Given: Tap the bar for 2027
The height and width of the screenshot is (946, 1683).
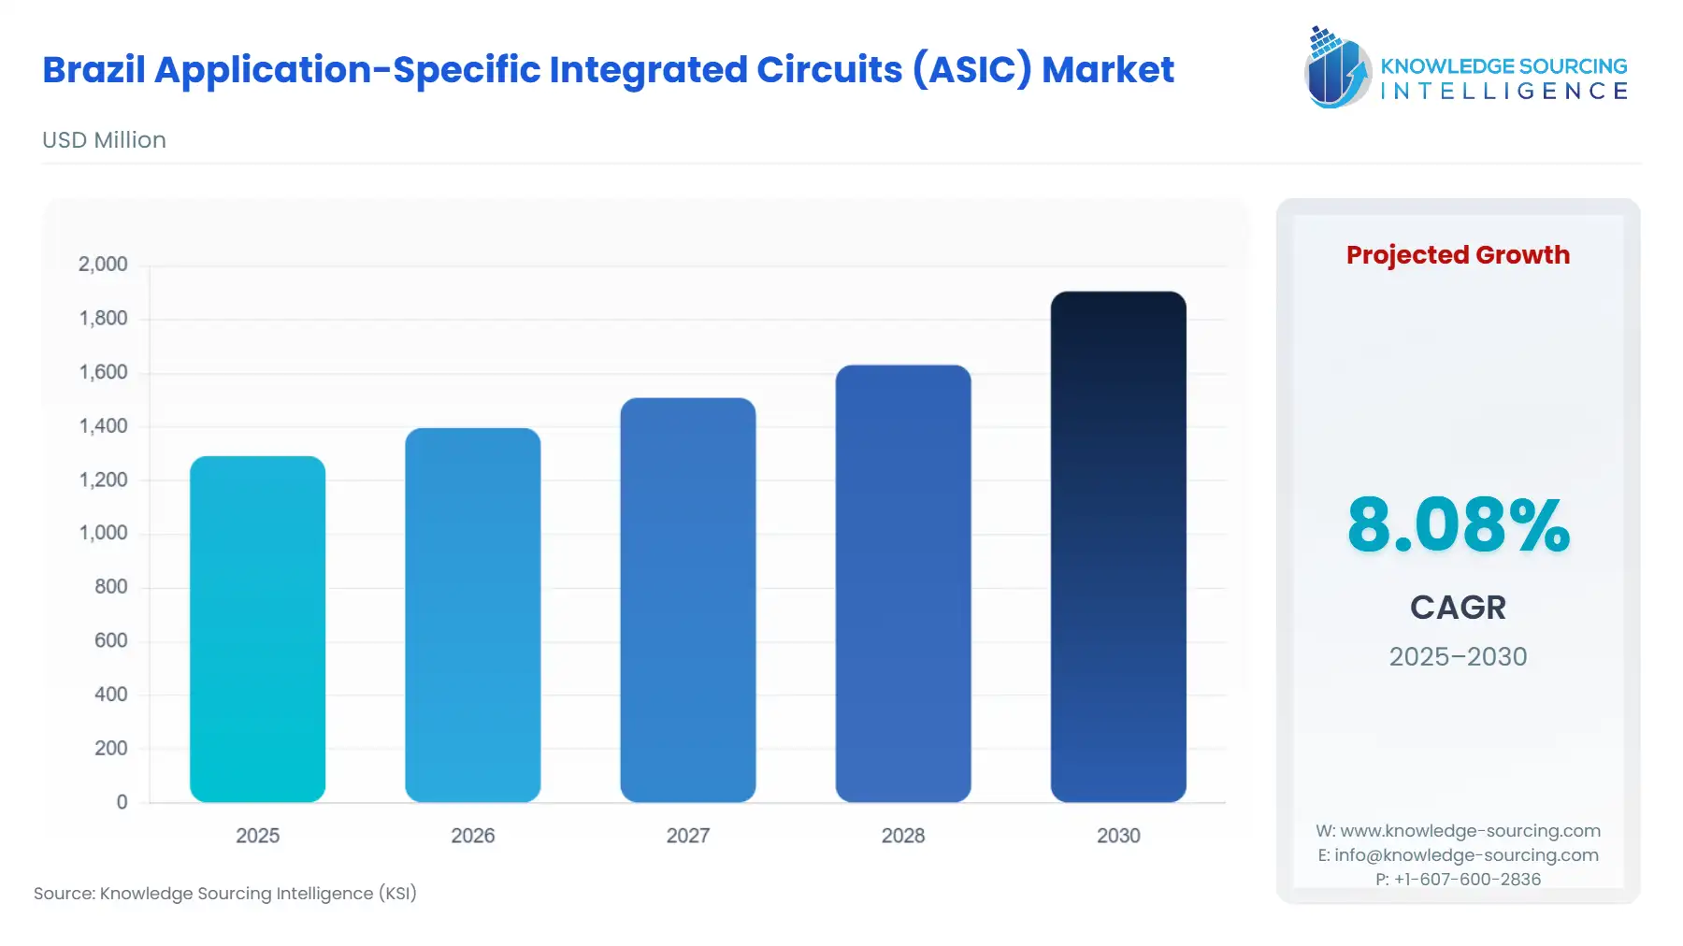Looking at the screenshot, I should [687, 600].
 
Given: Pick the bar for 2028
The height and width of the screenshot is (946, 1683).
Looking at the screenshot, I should [902, 583].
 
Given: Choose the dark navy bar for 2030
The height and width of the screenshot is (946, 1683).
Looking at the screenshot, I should [1117, 547].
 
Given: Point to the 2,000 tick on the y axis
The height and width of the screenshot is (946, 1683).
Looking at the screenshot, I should [103, 265].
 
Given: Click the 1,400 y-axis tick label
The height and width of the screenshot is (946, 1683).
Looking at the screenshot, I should [103, 426].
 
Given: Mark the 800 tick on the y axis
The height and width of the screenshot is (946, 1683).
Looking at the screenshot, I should [110, 587].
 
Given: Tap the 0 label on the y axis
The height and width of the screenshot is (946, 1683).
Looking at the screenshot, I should [122, 802].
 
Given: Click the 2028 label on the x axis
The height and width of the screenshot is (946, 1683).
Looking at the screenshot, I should [902, 836].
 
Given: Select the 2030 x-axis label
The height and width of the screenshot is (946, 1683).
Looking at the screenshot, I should [1117, 836].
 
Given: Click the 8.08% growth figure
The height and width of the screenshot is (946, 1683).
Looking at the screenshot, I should [1458, 525].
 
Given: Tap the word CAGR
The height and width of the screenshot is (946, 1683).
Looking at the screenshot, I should [1458, 608].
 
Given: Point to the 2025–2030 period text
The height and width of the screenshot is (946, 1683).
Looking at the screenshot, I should [1458, 656].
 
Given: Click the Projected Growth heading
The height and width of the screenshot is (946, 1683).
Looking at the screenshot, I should [1458, 255].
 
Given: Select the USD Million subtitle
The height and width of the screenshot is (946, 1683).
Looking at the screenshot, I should [104, 140].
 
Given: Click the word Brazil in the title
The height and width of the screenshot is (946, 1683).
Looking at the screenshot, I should [93, 70].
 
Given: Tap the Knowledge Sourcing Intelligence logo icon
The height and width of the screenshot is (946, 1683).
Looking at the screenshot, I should [1336, 67].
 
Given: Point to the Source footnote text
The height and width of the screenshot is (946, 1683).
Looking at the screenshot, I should [225, 894].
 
